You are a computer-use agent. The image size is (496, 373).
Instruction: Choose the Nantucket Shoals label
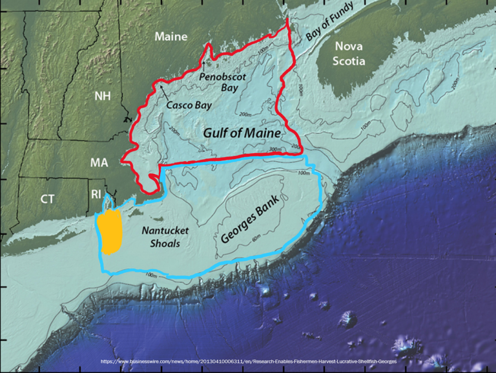(161, 237)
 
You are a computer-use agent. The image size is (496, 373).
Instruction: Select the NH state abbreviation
(102, 95)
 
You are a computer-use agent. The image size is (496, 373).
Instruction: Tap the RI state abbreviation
(96, 194)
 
